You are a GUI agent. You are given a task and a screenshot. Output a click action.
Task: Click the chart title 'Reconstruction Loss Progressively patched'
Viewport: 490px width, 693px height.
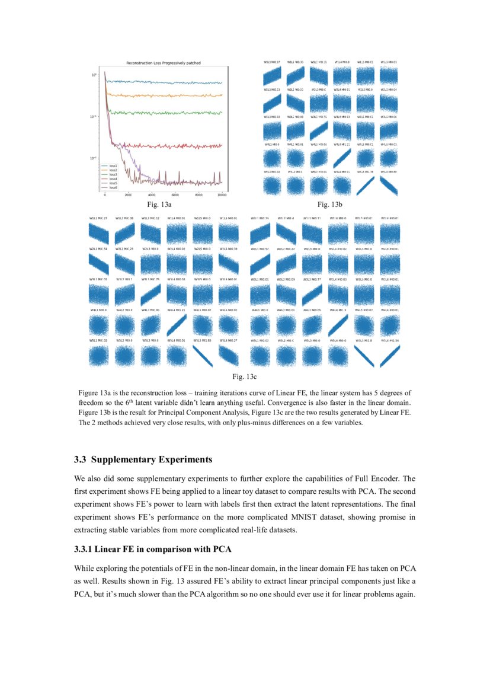click(x=164, y=62)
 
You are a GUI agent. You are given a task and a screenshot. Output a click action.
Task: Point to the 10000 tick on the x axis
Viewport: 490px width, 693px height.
click(x=222, y=195)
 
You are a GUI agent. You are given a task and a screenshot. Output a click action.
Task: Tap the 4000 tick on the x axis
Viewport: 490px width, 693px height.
click(x=152, y=195)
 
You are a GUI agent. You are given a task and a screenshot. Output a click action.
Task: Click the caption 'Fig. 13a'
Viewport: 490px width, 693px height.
click(x=159, y=205)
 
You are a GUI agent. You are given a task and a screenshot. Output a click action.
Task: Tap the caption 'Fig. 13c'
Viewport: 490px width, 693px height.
click(x=244, y=376)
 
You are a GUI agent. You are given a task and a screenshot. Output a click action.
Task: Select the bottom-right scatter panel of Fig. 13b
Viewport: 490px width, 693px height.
click(x=389, y=186)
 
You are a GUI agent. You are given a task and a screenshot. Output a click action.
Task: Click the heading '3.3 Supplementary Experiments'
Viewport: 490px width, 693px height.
click(x=143, y=459)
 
